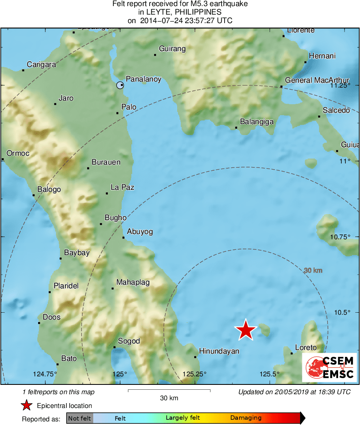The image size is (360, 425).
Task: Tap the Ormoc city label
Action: click(18, 154)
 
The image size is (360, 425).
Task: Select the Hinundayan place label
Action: click(219, 351)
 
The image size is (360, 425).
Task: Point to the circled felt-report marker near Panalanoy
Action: click(120, 85)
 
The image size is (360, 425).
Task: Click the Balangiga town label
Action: click(257, 121)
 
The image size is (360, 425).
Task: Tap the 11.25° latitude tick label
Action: click(340, 86)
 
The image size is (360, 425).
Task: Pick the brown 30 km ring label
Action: click(313, 270)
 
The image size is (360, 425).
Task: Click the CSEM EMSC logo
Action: click(330, 367)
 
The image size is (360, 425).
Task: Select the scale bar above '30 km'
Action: click(169, 391)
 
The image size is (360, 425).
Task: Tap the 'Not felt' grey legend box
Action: click(79, 418)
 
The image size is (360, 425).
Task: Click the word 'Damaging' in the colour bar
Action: click(246, 418)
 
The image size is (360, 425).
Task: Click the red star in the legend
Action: click(27, 406)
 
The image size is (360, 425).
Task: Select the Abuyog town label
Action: click(140, 232)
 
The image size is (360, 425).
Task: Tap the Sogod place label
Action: click(129, 341)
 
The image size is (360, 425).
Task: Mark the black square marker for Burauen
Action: click(88, 168)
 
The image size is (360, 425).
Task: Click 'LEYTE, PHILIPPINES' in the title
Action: click(180, 12)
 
